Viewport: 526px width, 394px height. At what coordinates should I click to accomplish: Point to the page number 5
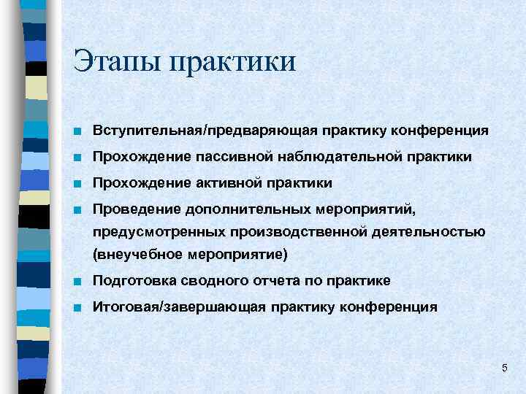coord(504,367)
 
